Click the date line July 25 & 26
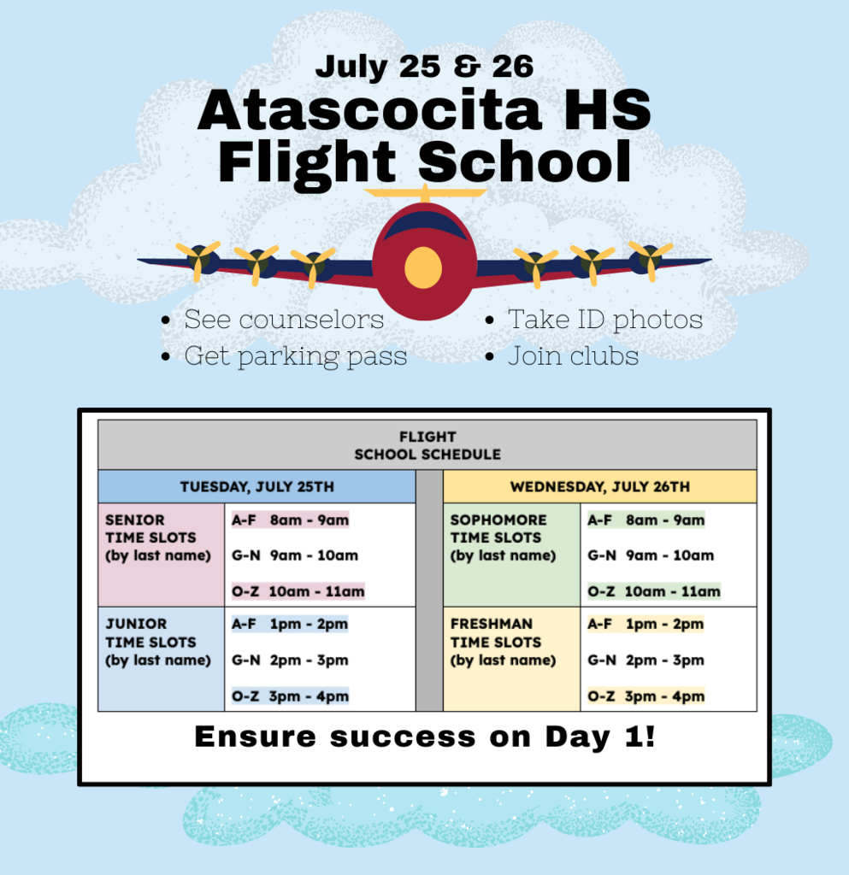pyautogui.click(x=424, y=67)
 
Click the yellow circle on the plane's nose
pyautogui.click(x=423, y=267)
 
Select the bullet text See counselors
pyautogui.click(x=284, y=320)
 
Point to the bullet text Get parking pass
pyautogui.click(x=295, y=356)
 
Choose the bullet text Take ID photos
pyautogui.click(x=604, y=320)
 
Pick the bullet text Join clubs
pyautogui.click(x=573, y=356)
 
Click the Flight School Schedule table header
pyautogui.click(x=427, y=445)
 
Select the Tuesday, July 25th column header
pyautogui.click(x=256, y=487)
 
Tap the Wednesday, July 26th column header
pyautogui.click(x=599, y=487)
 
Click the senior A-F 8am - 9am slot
pyautogui.click(x=290, y=520)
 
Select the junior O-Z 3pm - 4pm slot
pyautogui.click(x=290, y=696)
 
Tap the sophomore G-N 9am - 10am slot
pyautogui.click(x=650, y=555)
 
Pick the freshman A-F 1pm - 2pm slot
pyautogui.click(x=645, y=624)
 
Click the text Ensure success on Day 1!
pyautogui.click(x=425, y=737)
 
